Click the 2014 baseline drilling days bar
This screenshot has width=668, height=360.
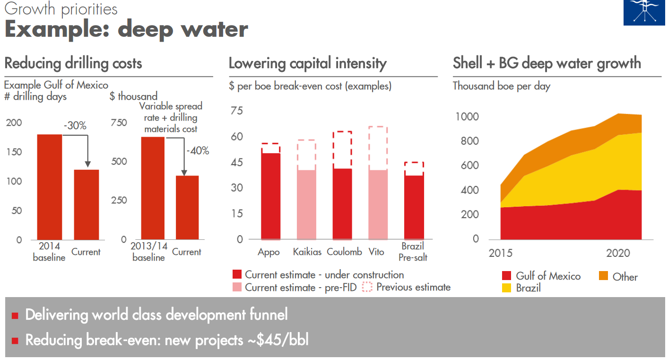(49, 187)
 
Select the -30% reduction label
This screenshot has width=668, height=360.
(75, 126)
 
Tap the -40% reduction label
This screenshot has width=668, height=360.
(197, 151)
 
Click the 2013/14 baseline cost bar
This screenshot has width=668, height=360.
(153, 188)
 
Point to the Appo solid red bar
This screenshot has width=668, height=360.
(270, 196)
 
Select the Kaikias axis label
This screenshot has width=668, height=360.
(307, 252)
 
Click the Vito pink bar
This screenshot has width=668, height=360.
(378, 204)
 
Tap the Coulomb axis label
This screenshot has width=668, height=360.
(344, 252)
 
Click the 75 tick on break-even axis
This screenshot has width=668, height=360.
(236, 111)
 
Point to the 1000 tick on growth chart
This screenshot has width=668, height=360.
(467, 117)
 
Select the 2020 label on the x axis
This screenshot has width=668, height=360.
(618, 253)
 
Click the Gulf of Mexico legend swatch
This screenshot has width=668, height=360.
(507, 276)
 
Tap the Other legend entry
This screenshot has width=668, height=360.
(625, 277)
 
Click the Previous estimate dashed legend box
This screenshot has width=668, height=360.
(367, 287)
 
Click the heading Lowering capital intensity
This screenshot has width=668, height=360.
(307, 63)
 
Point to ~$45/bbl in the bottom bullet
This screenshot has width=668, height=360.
(283, 340)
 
